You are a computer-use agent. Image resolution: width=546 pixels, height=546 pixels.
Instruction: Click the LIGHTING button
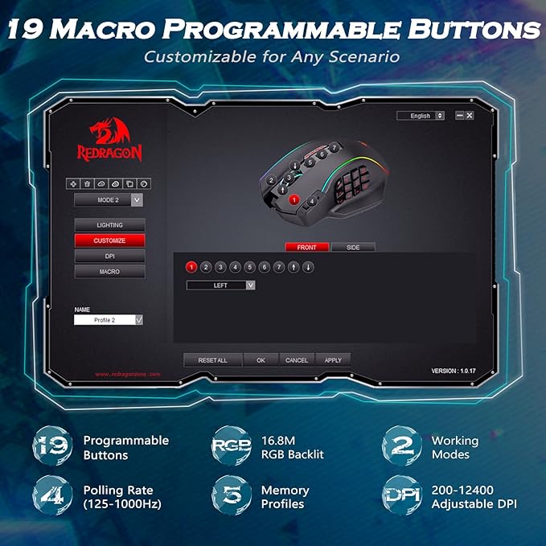point(109,225)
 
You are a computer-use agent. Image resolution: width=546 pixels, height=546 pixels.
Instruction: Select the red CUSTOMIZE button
point(109,240)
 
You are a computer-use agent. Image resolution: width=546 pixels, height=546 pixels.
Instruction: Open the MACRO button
point(109,272)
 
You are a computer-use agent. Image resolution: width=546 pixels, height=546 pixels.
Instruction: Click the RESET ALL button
point(212,360)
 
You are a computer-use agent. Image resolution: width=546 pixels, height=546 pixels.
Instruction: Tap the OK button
point(261,360)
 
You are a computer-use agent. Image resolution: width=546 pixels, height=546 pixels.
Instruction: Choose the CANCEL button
point(297,360)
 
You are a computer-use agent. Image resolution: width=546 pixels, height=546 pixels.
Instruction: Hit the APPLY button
point(333,360)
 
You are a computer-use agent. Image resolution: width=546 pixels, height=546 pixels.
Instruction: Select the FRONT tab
point(307,248)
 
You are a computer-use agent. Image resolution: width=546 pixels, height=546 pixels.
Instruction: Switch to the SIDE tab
point(353,248)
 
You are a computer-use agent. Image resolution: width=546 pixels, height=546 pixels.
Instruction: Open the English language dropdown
point(421,116)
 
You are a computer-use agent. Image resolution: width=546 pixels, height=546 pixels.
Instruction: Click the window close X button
point(470,116)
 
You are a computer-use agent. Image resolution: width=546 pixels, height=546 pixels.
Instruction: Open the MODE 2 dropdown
point(109,200)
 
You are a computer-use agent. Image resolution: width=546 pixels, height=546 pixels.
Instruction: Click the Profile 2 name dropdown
point(109,320)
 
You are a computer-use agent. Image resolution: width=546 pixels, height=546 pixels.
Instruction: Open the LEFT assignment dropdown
point(221,285)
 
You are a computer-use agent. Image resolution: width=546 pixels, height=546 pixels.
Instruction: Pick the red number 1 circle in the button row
point(191,267)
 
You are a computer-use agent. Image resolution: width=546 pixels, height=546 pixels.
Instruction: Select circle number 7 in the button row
point(279,267)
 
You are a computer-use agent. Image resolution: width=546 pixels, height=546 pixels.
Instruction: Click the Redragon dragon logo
point(109,132)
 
